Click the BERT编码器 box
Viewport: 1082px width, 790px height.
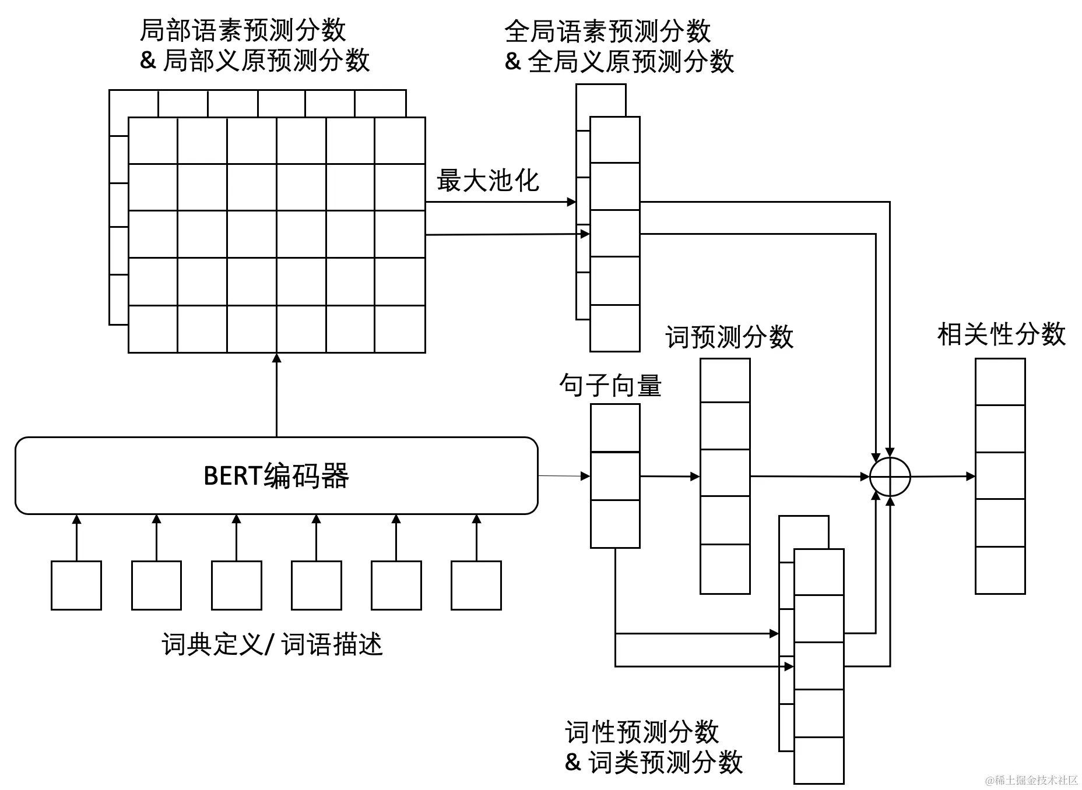[x=276, y=475]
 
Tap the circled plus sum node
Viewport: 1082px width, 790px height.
[x=890, y=477]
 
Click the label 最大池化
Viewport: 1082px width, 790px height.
[x=487, y=181]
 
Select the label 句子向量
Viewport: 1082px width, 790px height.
[x=610, y=386]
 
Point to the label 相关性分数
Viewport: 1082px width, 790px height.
[x=1001, y=334]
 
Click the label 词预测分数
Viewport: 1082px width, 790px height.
[x=729, y=337]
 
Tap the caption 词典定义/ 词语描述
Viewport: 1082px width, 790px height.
[x=272, y=645]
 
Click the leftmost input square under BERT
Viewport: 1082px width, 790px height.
[x=76, y=586]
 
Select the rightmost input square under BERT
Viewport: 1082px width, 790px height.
[x=476, y=586]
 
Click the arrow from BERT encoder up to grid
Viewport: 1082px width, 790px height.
[x=276, y=396]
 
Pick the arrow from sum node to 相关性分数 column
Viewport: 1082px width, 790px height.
[x=942, y=477]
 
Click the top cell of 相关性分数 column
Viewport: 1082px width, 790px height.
[x=1000, y=382]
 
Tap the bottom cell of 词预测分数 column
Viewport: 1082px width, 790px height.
[x=725, y=569]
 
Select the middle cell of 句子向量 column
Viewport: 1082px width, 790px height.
[x=615, y=476]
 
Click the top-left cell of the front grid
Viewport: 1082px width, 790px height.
[x=153, y=140]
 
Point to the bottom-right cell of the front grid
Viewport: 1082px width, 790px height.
[x=400, y=329]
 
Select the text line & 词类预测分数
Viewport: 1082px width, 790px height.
[x=654, y=762]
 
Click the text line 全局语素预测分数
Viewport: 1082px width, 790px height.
[x=607, y=31]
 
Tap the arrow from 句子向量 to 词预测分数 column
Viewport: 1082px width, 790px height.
[x=669, y=477]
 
